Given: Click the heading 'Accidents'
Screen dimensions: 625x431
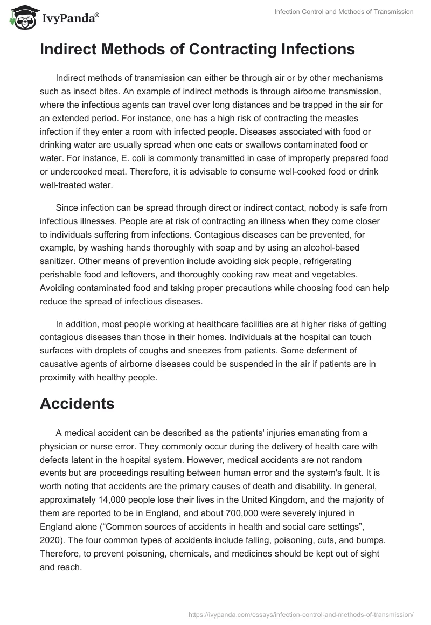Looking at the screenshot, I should pyautogui.click(x=77, y=404).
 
